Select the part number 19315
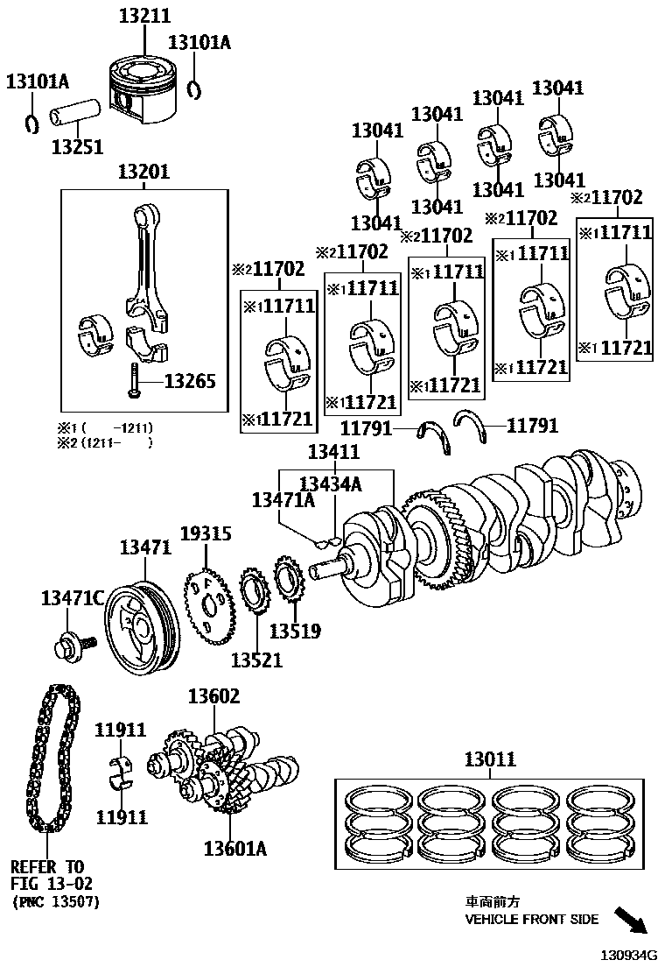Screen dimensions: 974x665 (x=206, y=534)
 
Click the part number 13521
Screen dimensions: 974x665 (x=257, y=660)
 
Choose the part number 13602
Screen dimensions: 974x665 (x=213, y=696)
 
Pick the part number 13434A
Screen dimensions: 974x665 (x=330, y=484)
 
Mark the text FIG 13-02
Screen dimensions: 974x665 (x=51, y=884)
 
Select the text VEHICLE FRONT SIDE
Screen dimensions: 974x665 (x=531, y=919)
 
